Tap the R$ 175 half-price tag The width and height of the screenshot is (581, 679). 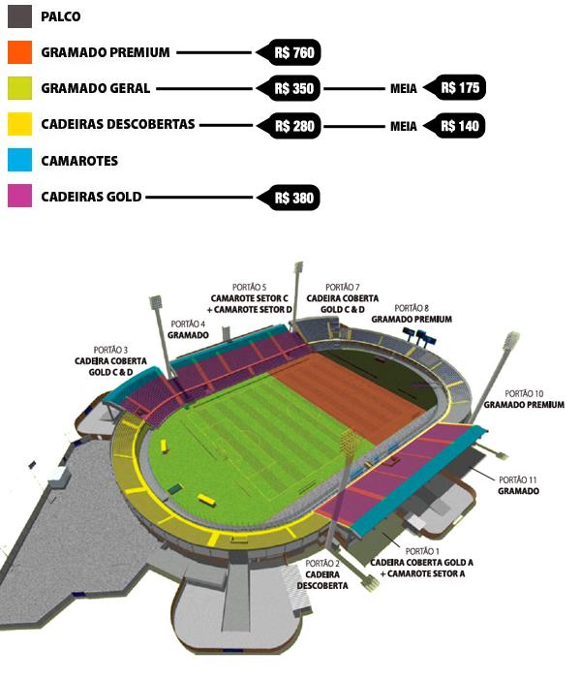click(459, 88)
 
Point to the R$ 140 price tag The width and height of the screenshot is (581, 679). click(459, 125)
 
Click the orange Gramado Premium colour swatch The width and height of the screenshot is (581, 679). click(19, 52)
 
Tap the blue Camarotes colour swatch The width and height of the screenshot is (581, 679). click(19, 160)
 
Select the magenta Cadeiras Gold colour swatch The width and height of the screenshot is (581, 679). click(19, 197)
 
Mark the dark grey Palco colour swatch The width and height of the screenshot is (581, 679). click(19, 16)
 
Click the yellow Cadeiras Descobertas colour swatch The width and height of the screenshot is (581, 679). click(19, 124)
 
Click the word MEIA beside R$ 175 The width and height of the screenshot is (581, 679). click(403, 88)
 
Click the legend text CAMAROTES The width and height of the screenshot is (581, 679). click(79, 161)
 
